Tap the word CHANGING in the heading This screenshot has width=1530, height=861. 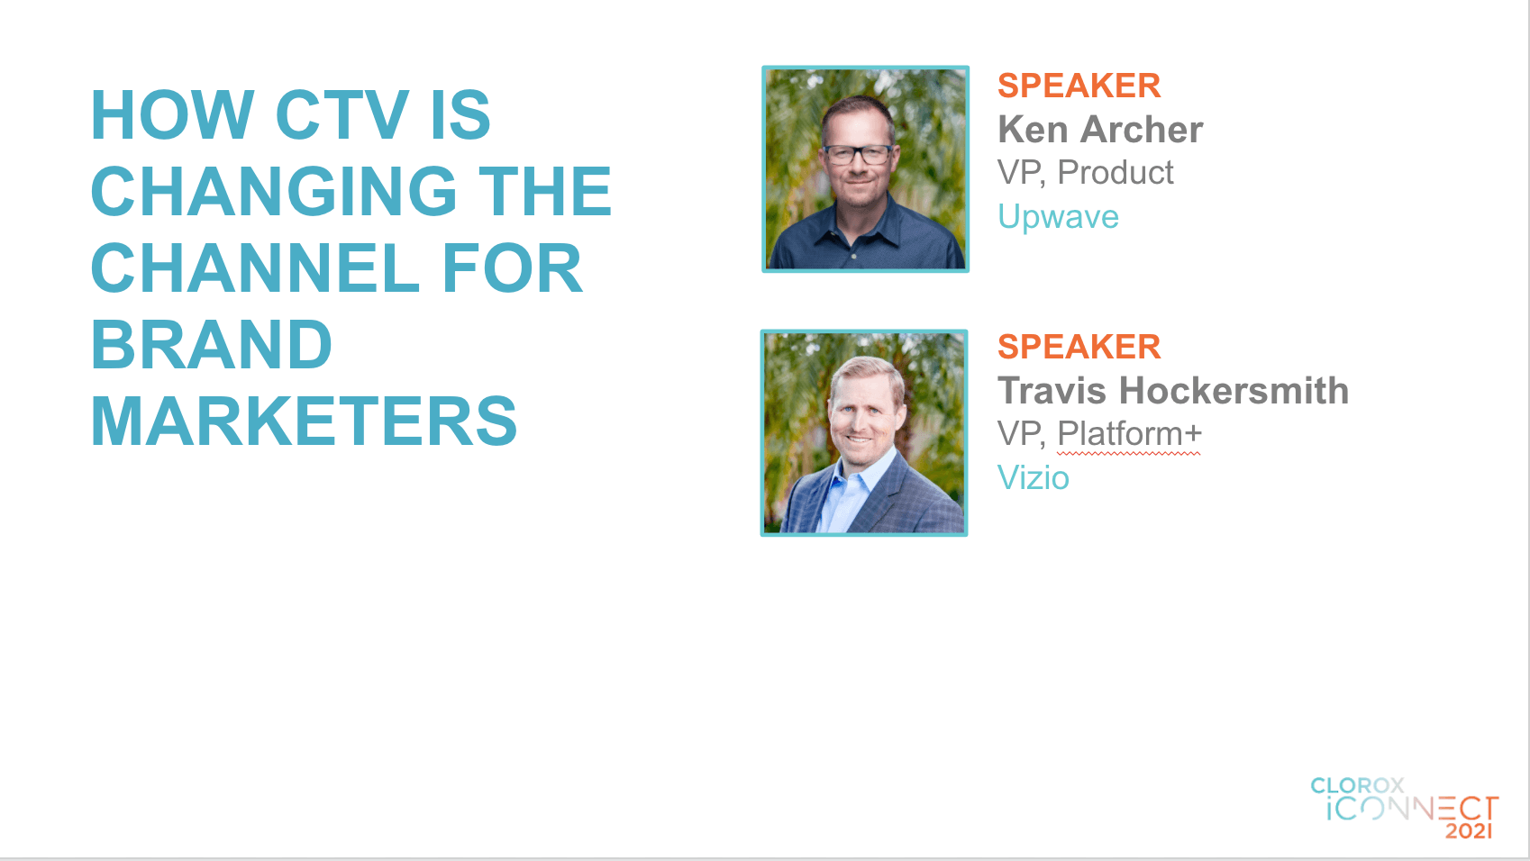(x=274, y=191)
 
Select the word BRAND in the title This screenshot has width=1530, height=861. (x=211, y=345)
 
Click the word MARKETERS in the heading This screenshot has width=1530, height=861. (x=304, y=421)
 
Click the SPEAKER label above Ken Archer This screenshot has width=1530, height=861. (x=1079, y=86)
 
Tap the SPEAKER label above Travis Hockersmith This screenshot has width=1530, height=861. (x=1079, y=347)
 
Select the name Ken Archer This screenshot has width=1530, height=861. (x=1100, y=129)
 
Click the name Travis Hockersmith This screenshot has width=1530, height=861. (x=1173, y=391)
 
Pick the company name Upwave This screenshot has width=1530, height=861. (x=1058, y=218)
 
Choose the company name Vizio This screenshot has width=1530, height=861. (x=1034, y=477)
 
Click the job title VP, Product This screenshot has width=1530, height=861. (x=1086, y=173)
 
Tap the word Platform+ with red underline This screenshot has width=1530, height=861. (x=1129, y=434)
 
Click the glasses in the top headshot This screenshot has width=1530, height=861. (x=859, y=154)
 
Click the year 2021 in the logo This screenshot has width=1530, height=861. (x=1469, y=830)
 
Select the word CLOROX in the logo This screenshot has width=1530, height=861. (x=1357, y=786)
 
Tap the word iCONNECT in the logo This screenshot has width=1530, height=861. (x=1413, y=809)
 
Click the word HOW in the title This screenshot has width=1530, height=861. (x=172, y=114)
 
